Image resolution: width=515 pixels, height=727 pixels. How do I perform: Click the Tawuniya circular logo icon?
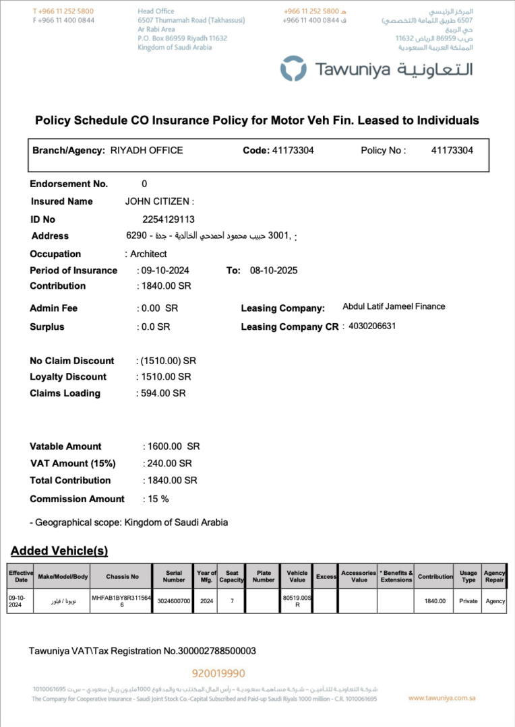pos(294,69)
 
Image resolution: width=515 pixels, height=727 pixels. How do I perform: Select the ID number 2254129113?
pos(169,219)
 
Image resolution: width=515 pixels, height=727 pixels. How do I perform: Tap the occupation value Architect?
pos(148,254)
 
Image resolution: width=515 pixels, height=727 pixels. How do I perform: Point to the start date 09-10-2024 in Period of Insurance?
pos(164,271)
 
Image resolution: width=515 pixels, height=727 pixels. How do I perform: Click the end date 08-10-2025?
pos(274,271)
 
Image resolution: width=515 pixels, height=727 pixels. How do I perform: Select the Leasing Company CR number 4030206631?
pos(372,326)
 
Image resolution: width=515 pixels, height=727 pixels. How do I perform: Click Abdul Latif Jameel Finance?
pos(394,306)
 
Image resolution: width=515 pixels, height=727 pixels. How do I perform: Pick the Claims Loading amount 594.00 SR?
pos(162,393)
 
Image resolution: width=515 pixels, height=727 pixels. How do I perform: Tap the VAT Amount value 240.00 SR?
pos(169,463)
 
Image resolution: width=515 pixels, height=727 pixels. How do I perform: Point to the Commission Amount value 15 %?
pos(157,499)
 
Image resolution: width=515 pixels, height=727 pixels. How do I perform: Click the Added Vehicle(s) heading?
pos(59,551)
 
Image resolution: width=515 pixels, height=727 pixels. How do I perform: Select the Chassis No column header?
pos(123,576)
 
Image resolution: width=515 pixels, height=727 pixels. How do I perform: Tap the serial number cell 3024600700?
pos(174,601)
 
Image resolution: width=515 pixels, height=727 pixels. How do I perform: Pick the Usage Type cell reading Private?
pos(468,601)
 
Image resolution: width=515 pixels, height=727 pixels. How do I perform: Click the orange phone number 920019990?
pos(218,673)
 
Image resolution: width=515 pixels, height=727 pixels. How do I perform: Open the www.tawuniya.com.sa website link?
pos(442,699)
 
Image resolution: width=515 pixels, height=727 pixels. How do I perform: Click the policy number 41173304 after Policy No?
pos(452,150)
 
